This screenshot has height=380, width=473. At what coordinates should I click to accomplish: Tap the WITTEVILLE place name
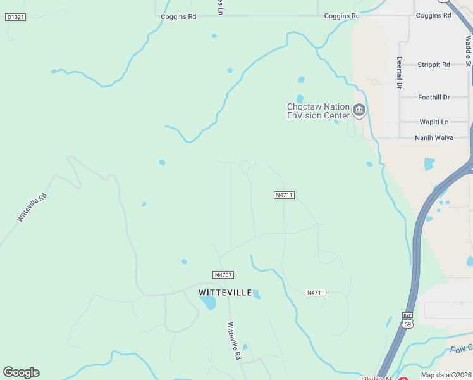(225, 293)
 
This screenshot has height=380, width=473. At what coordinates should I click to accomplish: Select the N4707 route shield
(224, 275)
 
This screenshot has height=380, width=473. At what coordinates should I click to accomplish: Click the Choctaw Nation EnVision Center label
(318, 111)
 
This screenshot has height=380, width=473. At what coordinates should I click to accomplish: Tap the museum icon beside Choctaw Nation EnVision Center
(359, 111)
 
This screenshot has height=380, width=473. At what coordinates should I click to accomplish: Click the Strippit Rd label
(434, 65)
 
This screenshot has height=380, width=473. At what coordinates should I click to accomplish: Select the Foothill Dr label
(434, 97)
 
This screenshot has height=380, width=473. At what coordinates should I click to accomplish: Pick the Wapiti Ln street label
(434, 122)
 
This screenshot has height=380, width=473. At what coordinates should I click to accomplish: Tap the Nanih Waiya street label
(434, 137)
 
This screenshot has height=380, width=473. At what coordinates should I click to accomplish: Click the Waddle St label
(468, 51)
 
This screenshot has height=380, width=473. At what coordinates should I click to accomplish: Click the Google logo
(21, 372)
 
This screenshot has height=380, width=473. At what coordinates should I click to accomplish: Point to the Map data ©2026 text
(445, 375)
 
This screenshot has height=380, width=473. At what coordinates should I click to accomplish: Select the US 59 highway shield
(408, 324)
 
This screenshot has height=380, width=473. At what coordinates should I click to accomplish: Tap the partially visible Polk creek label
(461, 349)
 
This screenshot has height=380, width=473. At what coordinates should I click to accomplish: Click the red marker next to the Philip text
(403, 378)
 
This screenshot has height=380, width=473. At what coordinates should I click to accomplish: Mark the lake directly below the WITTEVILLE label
(208, 303)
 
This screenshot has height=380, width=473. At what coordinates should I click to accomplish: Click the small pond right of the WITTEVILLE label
(257, 294)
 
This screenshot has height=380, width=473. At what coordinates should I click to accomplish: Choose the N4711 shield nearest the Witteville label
(315, 293)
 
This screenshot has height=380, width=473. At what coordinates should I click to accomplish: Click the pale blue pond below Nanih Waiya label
(429, 163)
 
